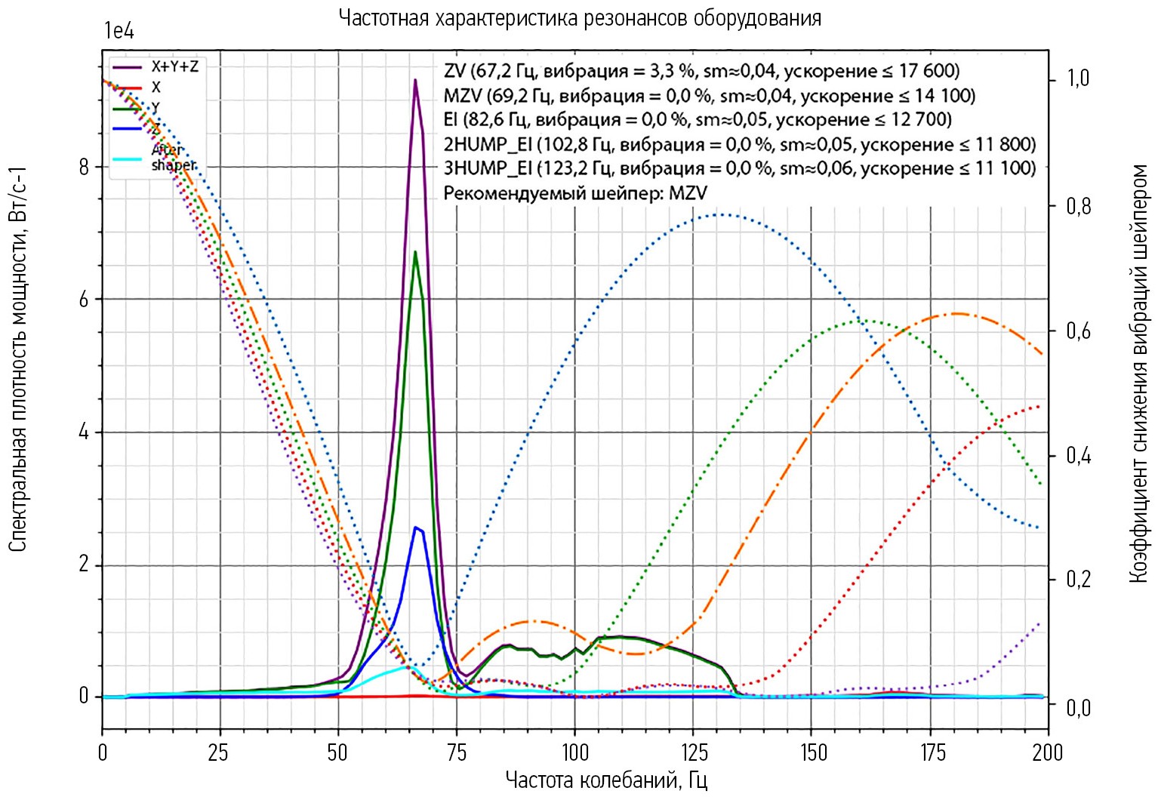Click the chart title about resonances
click(579, 17)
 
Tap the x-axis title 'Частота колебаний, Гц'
click(606, 779)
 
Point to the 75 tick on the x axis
click(457, 752)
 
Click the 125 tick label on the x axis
click(693, 752)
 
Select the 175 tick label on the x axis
click(930, 752)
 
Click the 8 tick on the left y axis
click(84, 167)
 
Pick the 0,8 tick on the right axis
click(1077, 206)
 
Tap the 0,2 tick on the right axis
click(1077, 580)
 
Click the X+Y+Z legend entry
click(174, 66)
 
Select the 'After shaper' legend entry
click(173, 158)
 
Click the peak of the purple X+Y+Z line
click(415, 80)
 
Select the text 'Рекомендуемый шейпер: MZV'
click(574, 193)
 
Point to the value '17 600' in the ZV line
click(924, 72)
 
